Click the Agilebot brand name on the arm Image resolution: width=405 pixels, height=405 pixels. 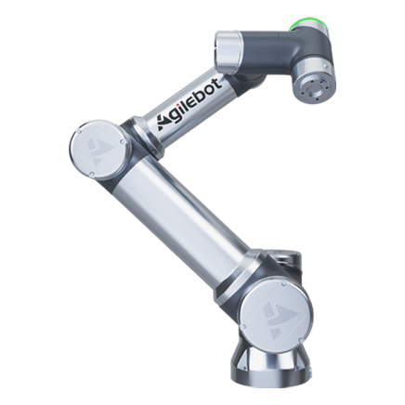(190, 105)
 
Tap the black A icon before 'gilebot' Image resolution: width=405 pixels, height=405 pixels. (163, 123)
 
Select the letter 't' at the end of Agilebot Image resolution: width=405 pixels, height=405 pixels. (217, 84)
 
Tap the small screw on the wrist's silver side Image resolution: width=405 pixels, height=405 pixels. (324, 65)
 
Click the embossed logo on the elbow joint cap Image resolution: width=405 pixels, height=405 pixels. (97, 150)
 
